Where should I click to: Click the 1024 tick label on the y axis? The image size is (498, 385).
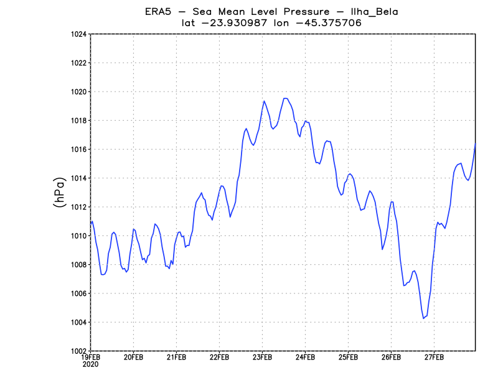pyautogui.click(x=78, y=34)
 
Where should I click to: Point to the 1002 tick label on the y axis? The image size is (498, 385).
pyautogui.click(x=78, y=351)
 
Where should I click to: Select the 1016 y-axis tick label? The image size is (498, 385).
pyautogui.click(x=78, y=150)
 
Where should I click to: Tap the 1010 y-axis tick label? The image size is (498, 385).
pyautogui.click(x=78, y=235)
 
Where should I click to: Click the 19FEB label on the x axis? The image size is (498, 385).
pyautogui.click(x=91, y=358)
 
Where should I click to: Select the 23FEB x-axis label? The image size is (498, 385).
pyautogui.click(x=262, y=358)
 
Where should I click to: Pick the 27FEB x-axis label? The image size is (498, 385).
pyautogui.click(x=434, y=358)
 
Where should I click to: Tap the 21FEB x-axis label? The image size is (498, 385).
pyautogui.click(x=176, y=358)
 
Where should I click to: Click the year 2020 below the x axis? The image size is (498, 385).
pyautogui.click(x=90, y=364)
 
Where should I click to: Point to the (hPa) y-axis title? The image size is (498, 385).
pyautogui.click(x=59, y=192)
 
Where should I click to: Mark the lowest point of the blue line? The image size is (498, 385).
pyautogui.click(x=423, y=318)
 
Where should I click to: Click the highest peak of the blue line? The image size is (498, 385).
pyautogui.click(x=285, y=98)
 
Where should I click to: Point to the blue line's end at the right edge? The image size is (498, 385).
pyautogui.click(x=476, y=145)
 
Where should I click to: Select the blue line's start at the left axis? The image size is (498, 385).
pyautogui.click(x=91, y=222)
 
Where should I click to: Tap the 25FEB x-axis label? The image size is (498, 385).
pyautogui.click(x=348, y=358)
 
